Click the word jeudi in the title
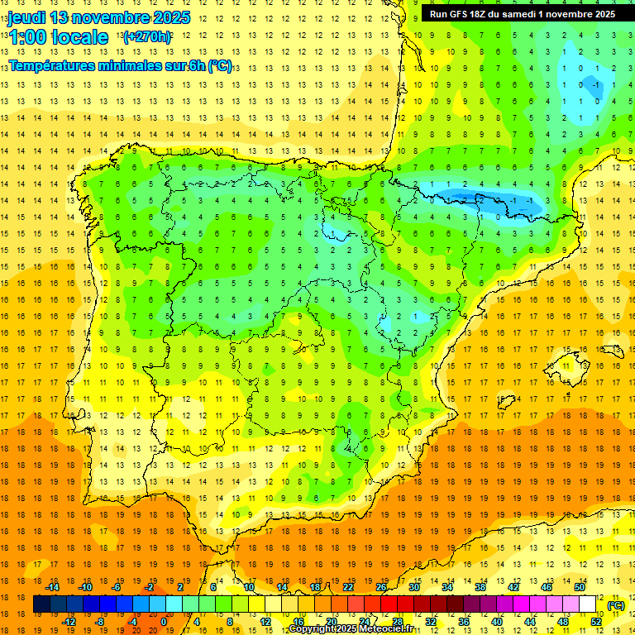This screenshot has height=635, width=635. (27, 17)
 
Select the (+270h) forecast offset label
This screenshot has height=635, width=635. (146, 37)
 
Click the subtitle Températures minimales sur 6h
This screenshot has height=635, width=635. (107, 65)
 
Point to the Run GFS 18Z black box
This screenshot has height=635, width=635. (522, 14)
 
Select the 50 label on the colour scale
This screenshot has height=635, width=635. (580, 587)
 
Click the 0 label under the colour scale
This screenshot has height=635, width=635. (164, 622)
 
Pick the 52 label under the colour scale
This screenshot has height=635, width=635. (596, 622)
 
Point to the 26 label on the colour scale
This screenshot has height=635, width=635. (381, 587)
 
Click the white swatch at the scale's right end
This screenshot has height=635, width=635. (588, 604)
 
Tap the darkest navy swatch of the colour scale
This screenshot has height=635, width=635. (41, 604)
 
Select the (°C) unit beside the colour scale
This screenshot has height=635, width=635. (616, 604)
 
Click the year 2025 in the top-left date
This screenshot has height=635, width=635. (170, 17)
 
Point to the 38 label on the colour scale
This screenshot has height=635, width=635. (480, 587)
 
